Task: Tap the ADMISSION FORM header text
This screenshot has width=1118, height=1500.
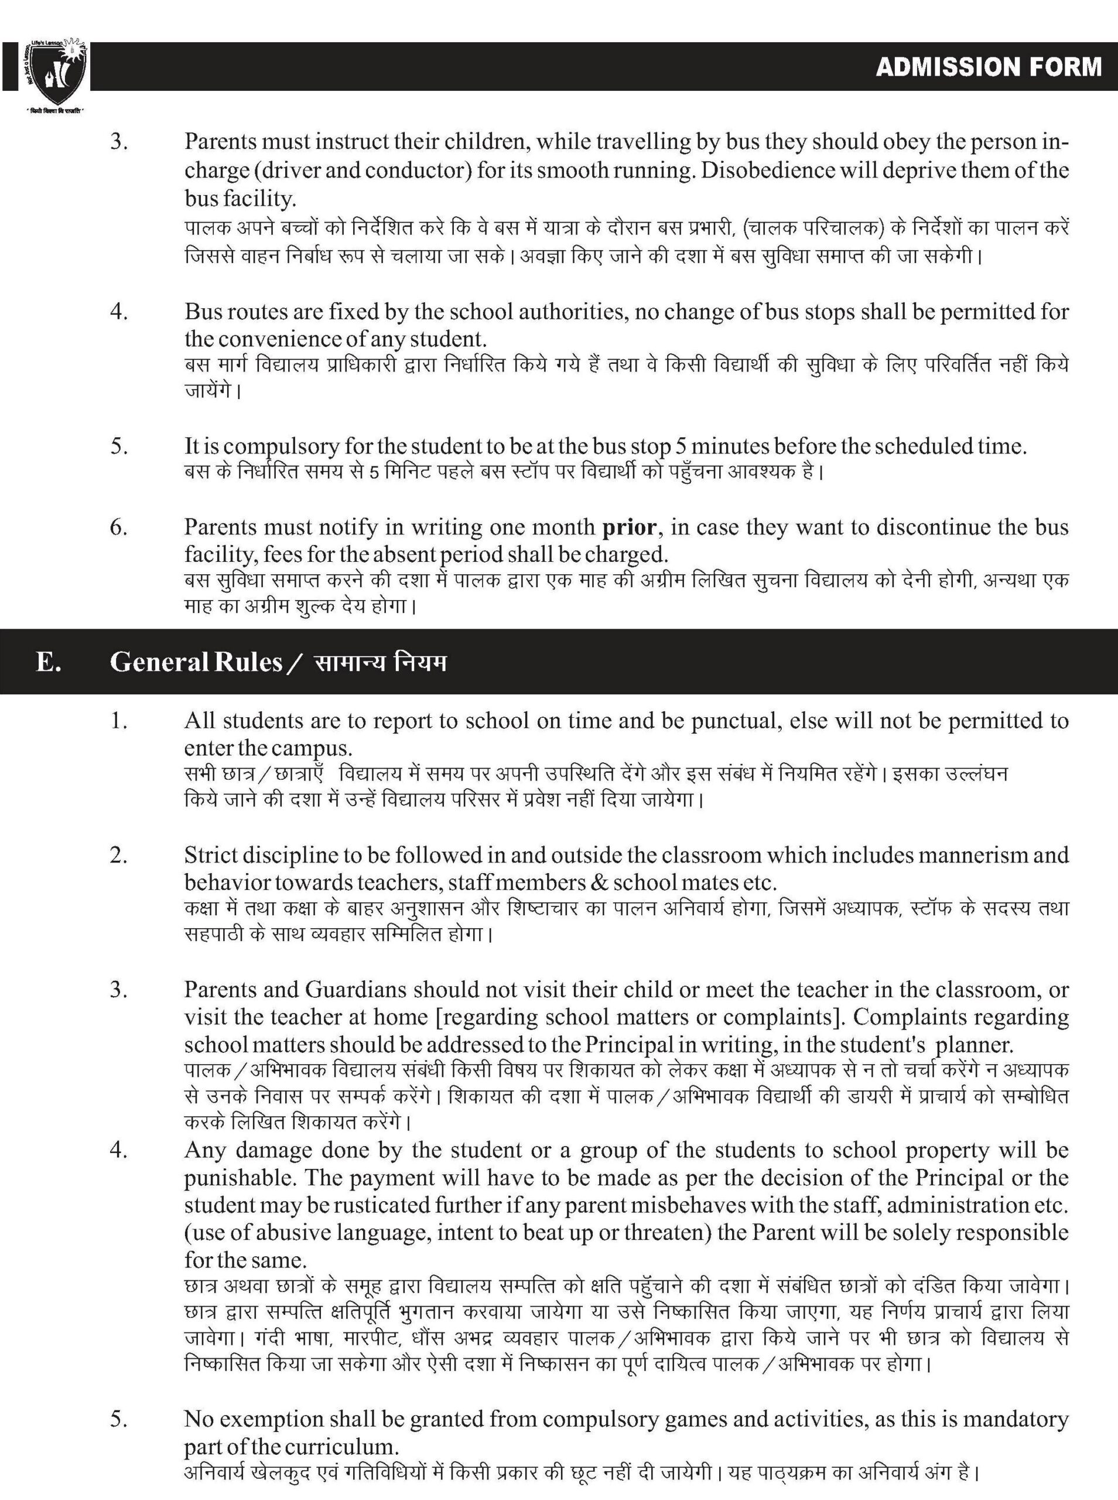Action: coord(987,67)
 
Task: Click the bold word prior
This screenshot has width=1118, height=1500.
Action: coord(630,527)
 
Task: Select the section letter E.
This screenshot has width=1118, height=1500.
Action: coord(48,662)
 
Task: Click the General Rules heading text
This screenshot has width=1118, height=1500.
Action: coord(196,662)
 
